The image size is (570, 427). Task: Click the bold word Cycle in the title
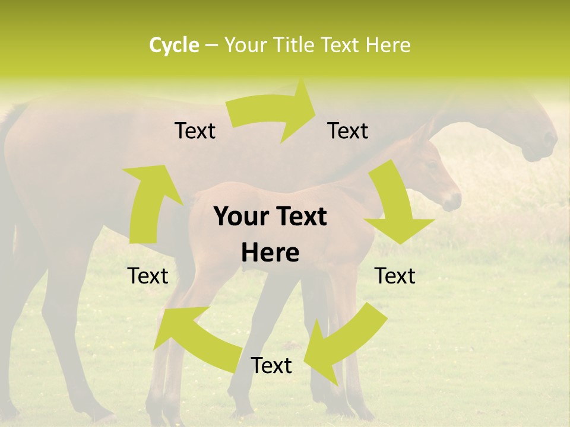click(174, 45)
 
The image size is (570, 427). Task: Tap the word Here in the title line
click(388, 45)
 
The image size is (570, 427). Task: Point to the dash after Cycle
click(211, 46)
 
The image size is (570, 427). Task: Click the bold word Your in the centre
click(240, 217)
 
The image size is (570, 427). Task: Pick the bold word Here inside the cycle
click(270, 253)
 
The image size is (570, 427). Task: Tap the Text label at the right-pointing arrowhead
click(348, 131)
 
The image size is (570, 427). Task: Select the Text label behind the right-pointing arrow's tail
click(195, 131)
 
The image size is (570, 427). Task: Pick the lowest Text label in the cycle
click(271, 366)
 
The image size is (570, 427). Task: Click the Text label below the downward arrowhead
click(395, 276)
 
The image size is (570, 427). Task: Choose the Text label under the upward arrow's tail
click(148, 276)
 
